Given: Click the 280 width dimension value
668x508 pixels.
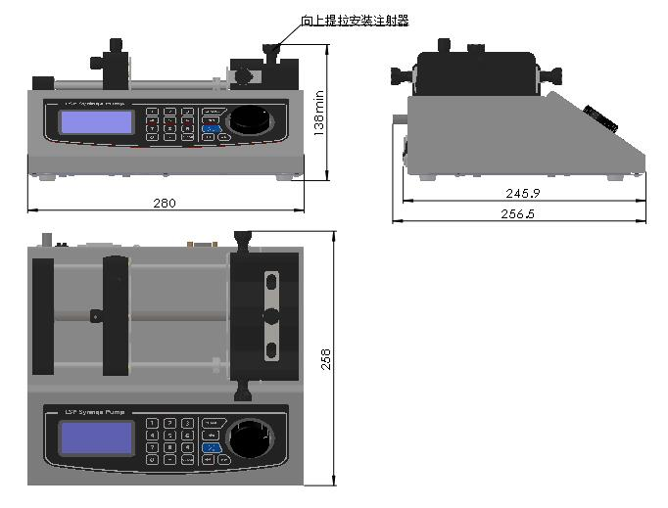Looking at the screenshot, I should point(165,203).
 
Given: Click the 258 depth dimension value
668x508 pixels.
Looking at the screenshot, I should point(326,359).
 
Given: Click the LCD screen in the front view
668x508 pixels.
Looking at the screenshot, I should point(95,122).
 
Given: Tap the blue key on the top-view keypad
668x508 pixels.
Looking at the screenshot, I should point(211,446).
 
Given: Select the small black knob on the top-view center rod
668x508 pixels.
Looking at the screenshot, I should point(96,315).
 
